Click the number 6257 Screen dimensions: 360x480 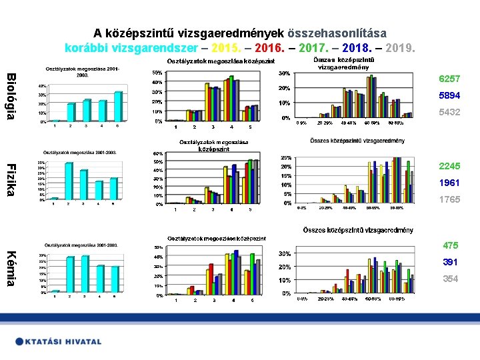click(449, 79)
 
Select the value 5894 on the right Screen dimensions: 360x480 click(449, 96)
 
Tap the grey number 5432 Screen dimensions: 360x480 click(449, 113)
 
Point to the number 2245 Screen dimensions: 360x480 click(449, 166)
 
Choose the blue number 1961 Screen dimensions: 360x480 click(449, 183)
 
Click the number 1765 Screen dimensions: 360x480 click(449, 199)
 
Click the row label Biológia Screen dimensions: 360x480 click(11, 97)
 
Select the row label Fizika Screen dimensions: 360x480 click(11, 180)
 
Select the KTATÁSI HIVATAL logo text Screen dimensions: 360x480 click(59, 341)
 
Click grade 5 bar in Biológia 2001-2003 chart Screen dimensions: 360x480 click(118, 107)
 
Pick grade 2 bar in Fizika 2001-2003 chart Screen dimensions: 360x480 click(69, 181)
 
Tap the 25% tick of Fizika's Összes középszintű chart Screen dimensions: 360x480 click(285, 157)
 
